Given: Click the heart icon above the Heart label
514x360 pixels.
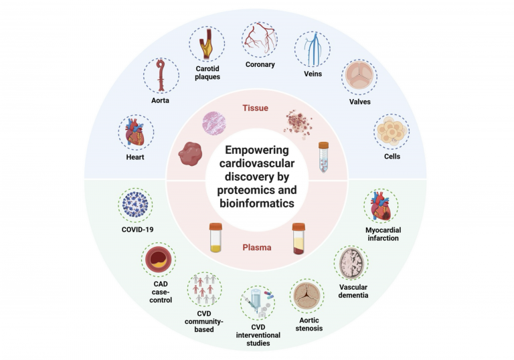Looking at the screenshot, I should pos(135,132).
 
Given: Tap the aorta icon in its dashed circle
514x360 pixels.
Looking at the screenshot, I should pos(161,75).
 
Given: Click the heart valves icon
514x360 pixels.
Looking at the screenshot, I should pos(359,78).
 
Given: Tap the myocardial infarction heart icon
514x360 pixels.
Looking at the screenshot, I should pos(381,206).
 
